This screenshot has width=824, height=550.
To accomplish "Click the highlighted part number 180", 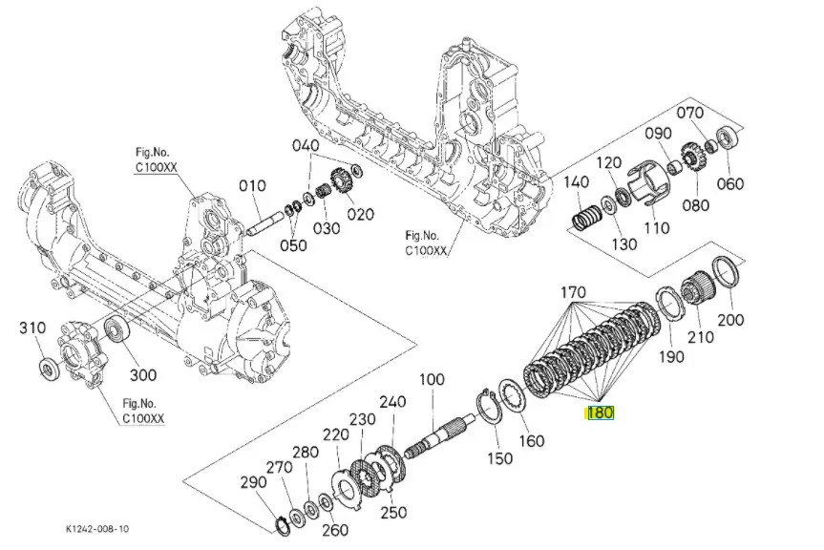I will pyautogui.click(x=601, y=413).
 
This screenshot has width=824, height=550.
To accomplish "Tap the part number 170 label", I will pyautogui.click(x=573, y=291).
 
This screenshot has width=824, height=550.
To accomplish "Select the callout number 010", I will pyautogui.click(x=252, y=185).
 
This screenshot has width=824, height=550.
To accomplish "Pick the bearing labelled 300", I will pyautogui.click(x=116, y=329).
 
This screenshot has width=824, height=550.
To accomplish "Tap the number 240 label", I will pyautogui.click(x=392, y=401).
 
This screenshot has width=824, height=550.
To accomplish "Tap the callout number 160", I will pyautogui.click(x=531, y=440).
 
